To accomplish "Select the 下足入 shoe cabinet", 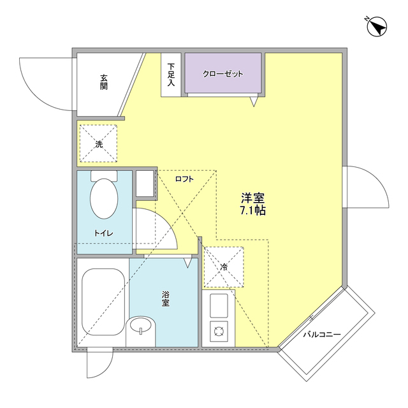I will tap(171, 75).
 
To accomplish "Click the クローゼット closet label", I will tap(223, 74).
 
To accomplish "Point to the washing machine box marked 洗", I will tap(98, 144).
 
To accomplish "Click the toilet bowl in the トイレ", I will tap(103, 198).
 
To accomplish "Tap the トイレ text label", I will tap(103, 233).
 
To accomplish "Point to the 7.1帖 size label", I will tap(252, 211).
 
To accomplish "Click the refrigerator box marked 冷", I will tap(223, 266).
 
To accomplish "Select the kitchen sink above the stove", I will tap(219, 306).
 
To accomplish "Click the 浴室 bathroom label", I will tap(165, 299).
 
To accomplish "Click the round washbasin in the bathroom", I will tap(140, 327).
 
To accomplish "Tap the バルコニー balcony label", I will tap(321, 334).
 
